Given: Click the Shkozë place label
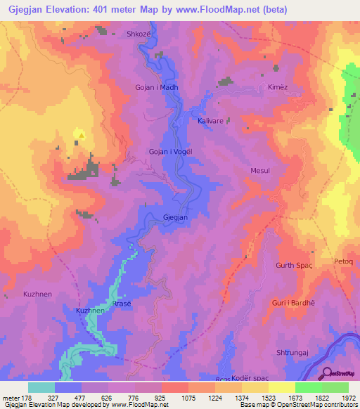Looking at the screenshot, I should pyautogui.click(x=138, y=34).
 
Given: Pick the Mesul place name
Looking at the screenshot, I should pyautogui.click(x=260, y=171).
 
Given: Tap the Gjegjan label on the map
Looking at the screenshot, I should pyautogui.click(x=176, y=218).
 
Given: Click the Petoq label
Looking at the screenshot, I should pyautogui.click(x=343, y=261).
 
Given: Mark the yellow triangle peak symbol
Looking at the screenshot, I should pyautogui.click(x=82, y=136).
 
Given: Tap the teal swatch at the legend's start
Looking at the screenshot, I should pyautogui.click(x=41, y=387).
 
